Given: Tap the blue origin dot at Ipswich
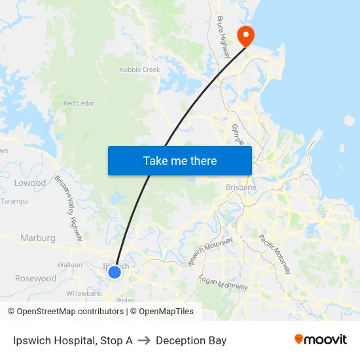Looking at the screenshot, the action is click(x=115, y=272).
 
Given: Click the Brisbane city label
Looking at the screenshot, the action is click(x=241, y=187).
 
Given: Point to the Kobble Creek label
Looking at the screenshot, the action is click(x=140, y=69).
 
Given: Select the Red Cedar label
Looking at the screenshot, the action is click(x=79, y=103).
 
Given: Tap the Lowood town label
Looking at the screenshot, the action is click(x=30, y=183).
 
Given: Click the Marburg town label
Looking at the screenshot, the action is click(x=38, y=238).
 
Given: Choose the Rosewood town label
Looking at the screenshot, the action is click(x=36, y=278).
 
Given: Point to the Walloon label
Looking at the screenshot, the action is click(x=70, y=265).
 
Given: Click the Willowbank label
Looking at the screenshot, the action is click(x=82, y=294).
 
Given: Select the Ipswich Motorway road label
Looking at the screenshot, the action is click(x=211, y=251).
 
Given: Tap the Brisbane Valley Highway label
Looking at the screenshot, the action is click(x=69, y=206).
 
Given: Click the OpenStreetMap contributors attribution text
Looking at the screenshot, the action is click(x=70, y=312).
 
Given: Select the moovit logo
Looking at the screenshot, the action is click(x=320, y=340).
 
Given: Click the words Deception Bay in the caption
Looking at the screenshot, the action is click(x=191, y=340).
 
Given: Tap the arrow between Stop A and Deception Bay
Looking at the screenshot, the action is click(x=144, y=340).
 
